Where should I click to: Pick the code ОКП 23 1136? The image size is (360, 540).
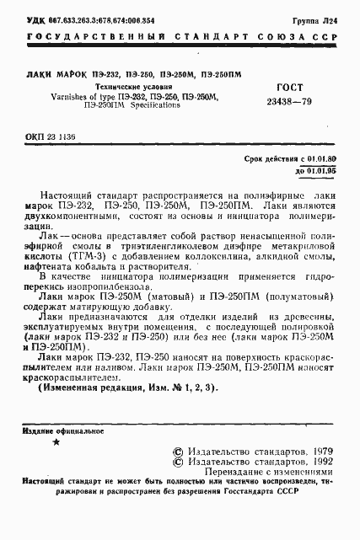[51, 135]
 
